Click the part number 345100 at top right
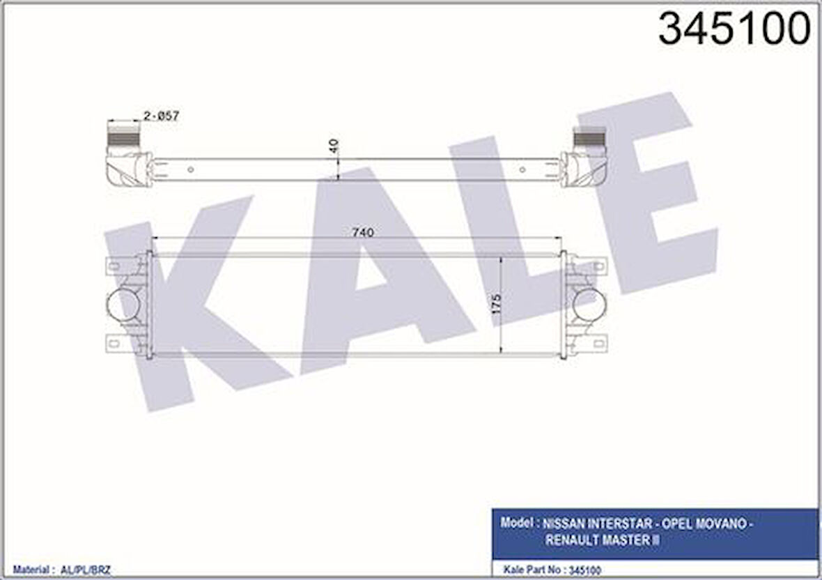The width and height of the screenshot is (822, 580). (734, 29)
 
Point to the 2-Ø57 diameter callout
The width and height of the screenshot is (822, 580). (161, 116)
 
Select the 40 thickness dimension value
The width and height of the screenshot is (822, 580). (335, 146)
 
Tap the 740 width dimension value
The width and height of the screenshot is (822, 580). (363, 233)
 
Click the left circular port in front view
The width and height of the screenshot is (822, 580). (123, 305)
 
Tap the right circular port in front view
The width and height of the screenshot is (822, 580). (589, 305)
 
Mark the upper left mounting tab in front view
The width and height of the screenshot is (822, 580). (116, 266)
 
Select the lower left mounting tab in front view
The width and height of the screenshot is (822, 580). (116, 343)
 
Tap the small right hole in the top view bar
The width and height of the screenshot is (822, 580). (522, 169)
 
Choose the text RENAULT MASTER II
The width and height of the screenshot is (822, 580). (603, 540)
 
